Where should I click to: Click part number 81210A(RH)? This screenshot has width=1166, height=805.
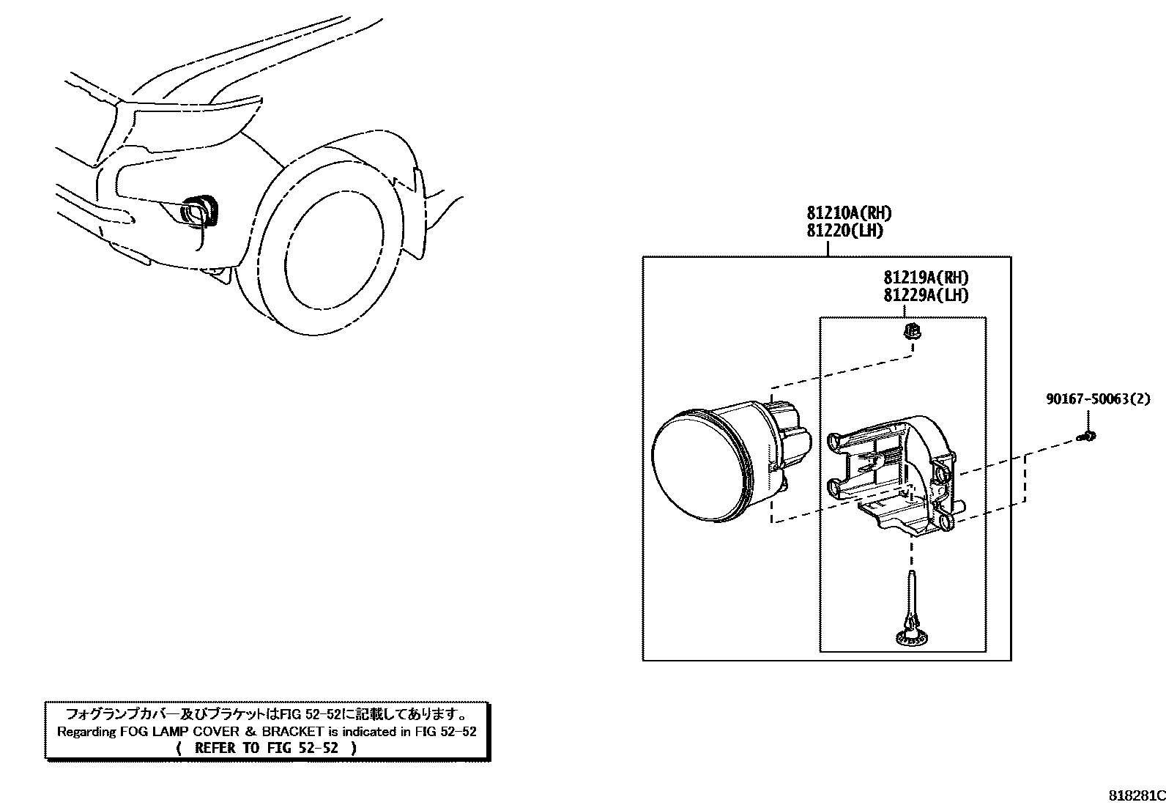(849, 213)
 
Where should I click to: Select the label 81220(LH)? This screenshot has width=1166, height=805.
(844, 231)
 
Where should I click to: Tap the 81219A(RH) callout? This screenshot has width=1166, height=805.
(926, 278)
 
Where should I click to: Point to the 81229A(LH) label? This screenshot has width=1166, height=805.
(926, 295)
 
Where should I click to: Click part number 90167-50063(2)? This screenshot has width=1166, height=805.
(1097, 399)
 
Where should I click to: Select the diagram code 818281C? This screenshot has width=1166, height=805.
(1135, 795)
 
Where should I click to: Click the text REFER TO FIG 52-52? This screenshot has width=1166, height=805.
(267, 748)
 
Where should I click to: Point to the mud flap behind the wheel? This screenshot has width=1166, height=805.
(415, 212)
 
